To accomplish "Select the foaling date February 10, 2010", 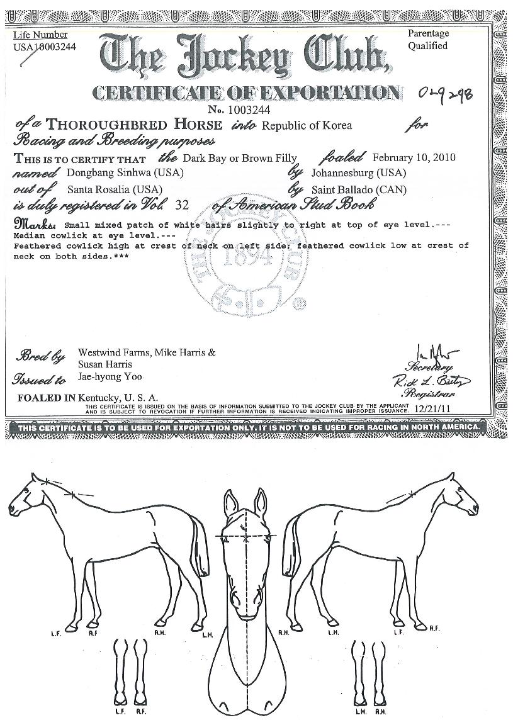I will click(x=414, y=157).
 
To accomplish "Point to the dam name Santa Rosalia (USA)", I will click(x=115, y=189).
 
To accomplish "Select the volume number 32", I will click(x=183, y=205).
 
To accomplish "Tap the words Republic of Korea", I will click(x=307, y=125).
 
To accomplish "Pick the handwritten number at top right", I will click(x=446, y=95).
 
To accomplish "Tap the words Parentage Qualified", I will click(x=428, y=40).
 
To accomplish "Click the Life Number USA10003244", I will click(x=44, y=47).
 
